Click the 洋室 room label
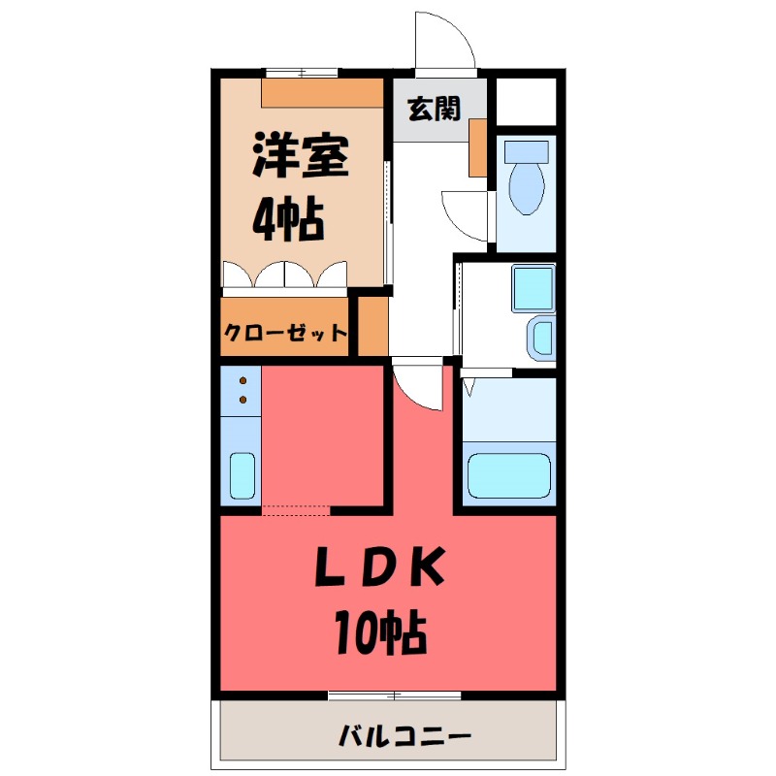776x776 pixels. coord(300,157)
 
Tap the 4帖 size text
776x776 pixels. coord(288,222)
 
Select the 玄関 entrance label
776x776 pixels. coord(433,110)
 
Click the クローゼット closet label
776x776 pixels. coord(285,333)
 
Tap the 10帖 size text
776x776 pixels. coord(379,635)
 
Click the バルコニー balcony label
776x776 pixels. coord(405,735)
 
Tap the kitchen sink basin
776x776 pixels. coord(242,475)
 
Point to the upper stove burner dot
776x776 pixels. coord(242,381)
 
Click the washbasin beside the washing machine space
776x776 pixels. coord(540,338)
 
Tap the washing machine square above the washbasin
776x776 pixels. coord(533,286)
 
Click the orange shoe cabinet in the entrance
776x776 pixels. coord(477,147)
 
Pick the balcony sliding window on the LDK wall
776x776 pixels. coord(394,695)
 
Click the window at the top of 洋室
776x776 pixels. coord(302,73)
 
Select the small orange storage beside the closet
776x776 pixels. coord(372,326)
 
